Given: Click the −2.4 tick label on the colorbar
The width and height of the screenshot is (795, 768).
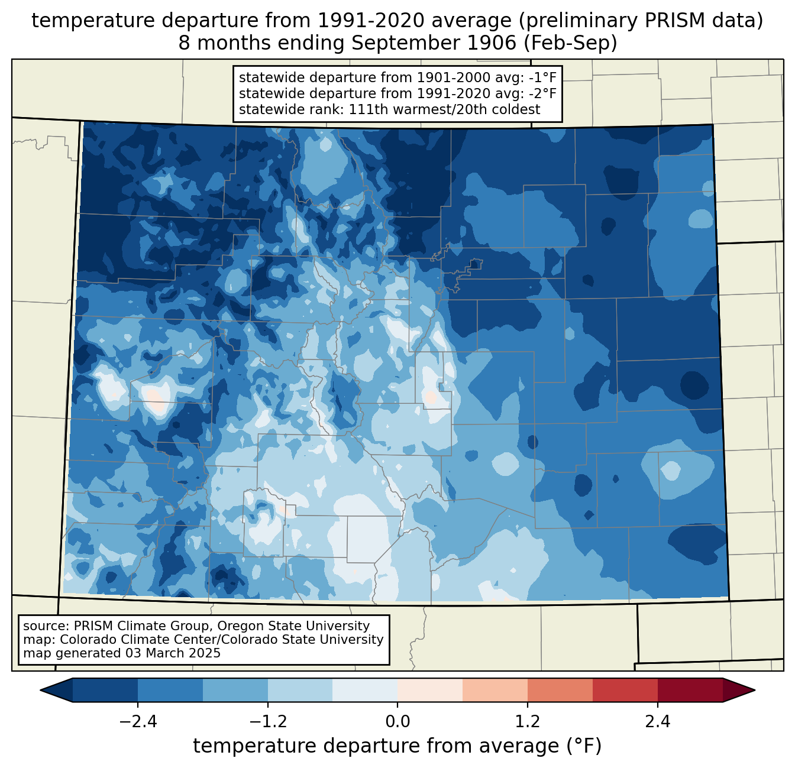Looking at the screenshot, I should [x=137, y=722].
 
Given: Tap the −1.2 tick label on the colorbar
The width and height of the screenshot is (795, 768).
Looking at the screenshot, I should [x=267, y=722].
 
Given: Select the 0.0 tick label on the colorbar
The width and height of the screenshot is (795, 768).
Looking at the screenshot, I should [x=397, y=722].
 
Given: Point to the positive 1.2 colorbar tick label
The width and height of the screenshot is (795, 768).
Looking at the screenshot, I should [x=528, y=722].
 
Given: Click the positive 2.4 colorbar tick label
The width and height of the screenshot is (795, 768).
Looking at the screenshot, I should [x=658, y=722].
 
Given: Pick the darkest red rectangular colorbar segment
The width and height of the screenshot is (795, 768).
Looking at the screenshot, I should [x=690, y=690].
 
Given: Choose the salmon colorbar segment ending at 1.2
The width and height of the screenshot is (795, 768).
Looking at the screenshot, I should [x=495, y=690].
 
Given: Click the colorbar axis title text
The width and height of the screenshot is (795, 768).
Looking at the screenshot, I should [x=397, y=746].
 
